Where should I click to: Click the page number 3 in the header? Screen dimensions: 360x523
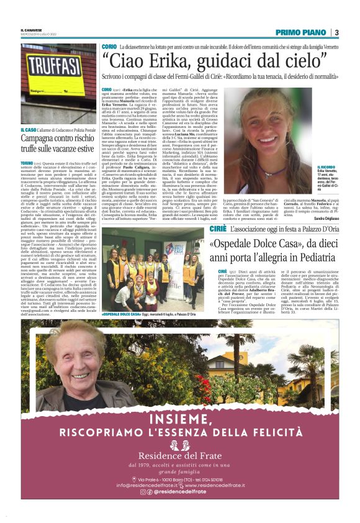click(x=336, y=32)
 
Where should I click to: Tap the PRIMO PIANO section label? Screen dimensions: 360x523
click(x=300, y=32)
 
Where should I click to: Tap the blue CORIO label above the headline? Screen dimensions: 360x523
click(x=108, y=47)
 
